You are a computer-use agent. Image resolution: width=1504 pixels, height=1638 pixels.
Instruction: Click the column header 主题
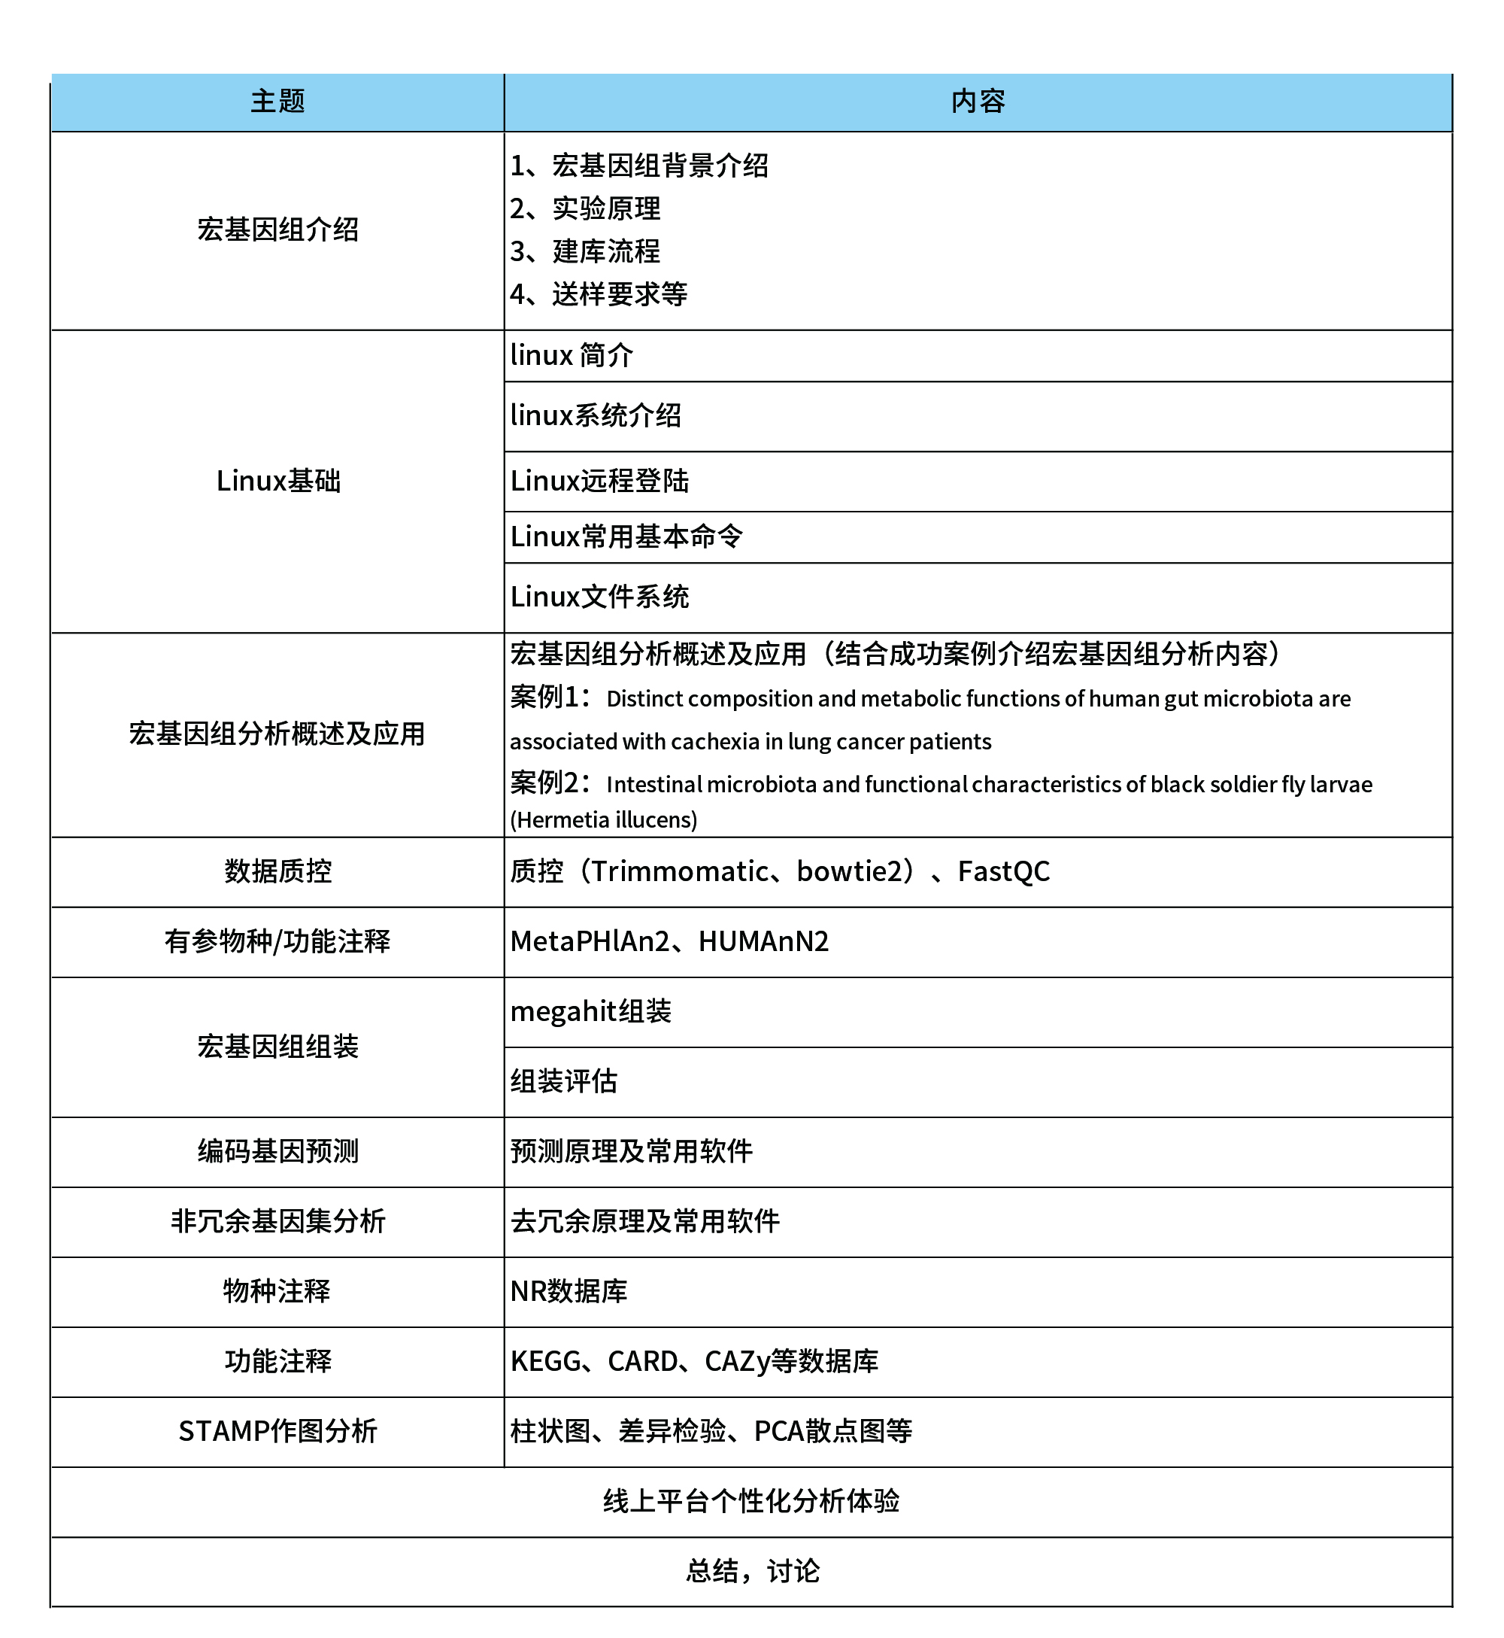277,102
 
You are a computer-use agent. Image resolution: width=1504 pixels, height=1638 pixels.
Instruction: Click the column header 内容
978,102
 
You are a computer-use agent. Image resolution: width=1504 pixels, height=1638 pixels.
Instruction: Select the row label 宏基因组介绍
277,229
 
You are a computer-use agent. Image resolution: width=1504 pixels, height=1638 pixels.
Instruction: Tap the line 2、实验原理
585,209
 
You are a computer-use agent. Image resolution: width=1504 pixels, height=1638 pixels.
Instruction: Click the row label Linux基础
277,481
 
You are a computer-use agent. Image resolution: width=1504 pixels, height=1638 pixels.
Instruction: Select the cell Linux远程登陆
599,481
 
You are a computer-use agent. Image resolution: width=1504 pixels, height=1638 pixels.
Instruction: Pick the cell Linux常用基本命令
626,536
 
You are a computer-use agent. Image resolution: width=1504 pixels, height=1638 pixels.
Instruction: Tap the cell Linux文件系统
599,597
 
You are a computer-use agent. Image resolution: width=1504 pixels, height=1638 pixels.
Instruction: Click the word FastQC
1003,872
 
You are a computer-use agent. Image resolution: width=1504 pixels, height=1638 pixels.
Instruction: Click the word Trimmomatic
680,872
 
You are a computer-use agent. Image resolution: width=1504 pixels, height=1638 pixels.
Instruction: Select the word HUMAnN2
763,942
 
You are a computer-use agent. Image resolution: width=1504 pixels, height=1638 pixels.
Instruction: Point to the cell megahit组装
590,1012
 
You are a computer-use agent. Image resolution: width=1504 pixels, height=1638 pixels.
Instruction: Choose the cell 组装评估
563,1082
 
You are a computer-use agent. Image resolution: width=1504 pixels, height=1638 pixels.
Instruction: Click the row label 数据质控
277,872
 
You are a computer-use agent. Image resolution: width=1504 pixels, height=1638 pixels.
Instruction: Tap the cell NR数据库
568,1292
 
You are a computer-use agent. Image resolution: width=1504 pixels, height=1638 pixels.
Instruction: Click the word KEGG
545,1362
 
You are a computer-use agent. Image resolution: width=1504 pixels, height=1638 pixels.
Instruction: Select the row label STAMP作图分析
277,1432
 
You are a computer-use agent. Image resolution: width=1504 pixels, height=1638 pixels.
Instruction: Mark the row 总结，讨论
752,1572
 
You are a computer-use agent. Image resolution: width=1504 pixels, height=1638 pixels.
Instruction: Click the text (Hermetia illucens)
603,820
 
